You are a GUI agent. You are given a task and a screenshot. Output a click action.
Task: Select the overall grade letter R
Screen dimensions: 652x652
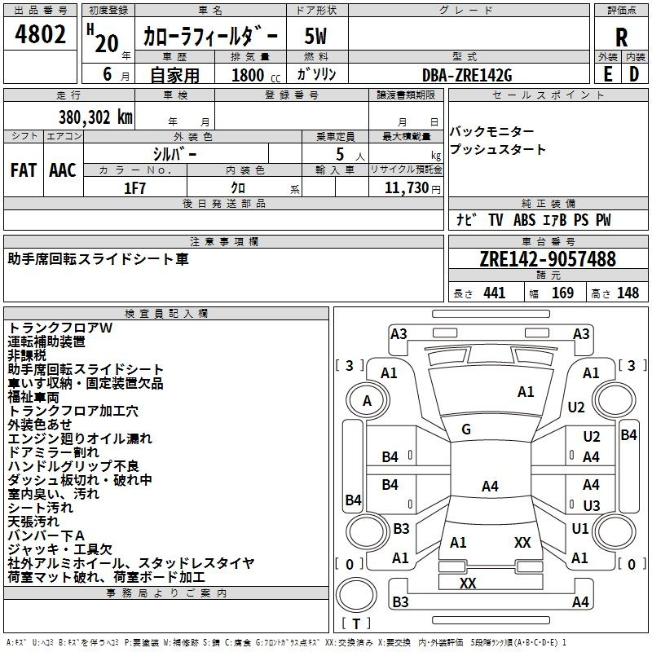point(621,37)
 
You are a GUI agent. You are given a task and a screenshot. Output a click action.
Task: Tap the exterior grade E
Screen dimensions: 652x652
point(607,73)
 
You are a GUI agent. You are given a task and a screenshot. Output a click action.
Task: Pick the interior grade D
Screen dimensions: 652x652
point(634,73)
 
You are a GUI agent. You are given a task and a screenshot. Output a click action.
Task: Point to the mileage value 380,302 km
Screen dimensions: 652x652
point(95,117)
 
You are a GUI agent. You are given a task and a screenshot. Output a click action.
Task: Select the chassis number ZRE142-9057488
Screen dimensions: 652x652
point(548,259)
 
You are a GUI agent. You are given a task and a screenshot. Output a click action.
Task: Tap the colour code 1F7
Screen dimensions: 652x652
point(135,187)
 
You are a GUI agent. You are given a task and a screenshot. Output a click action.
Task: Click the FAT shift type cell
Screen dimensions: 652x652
point(23,170)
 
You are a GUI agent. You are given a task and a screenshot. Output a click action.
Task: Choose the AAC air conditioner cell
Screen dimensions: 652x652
point(63,170)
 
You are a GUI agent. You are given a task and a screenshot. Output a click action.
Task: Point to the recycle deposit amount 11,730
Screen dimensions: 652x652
point(405,187)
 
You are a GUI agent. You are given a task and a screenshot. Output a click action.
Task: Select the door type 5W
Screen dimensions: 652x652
point(315,37)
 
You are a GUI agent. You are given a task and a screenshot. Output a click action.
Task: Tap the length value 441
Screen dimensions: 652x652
point(494,293)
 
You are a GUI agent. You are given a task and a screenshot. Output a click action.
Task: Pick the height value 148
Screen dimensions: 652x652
point(628,293)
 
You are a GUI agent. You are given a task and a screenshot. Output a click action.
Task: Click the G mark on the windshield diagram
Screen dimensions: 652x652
point(466,430)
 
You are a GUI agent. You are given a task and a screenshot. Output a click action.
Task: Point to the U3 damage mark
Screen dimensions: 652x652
point(592,505)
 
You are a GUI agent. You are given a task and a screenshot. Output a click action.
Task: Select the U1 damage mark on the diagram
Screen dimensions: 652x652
point(580,529)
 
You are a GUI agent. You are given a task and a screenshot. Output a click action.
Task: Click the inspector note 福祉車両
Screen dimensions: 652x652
point(33,397)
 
